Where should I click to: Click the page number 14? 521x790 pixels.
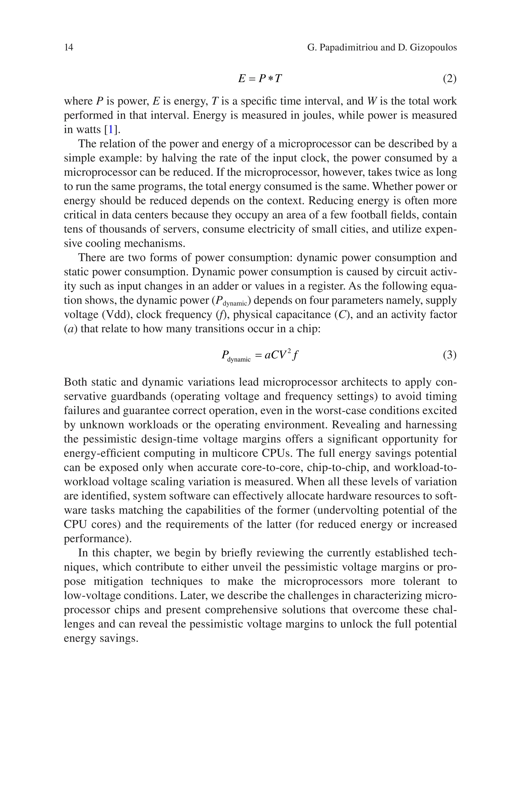[68, 48]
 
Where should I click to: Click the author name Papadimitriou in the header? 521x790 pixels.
[348, 48]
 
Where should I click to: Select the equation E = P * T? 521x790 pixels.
[260, 78]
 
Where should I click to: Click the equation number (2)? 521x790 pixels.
[450, 79]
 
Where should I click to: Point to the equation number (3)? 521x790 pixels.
[450, 355]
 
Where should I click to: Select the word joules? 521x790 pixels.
[316, 115]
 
